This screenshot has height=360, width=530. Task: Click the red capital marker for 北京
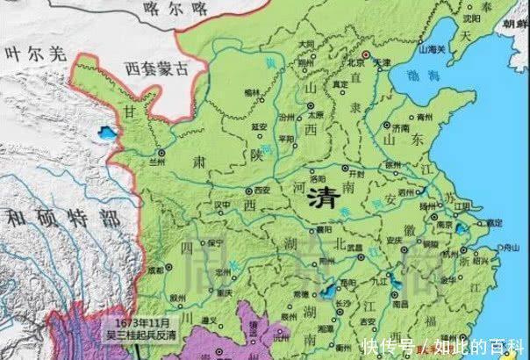pos(355,54)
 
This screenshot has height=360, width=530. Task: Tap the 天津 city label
pos(380,63)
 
